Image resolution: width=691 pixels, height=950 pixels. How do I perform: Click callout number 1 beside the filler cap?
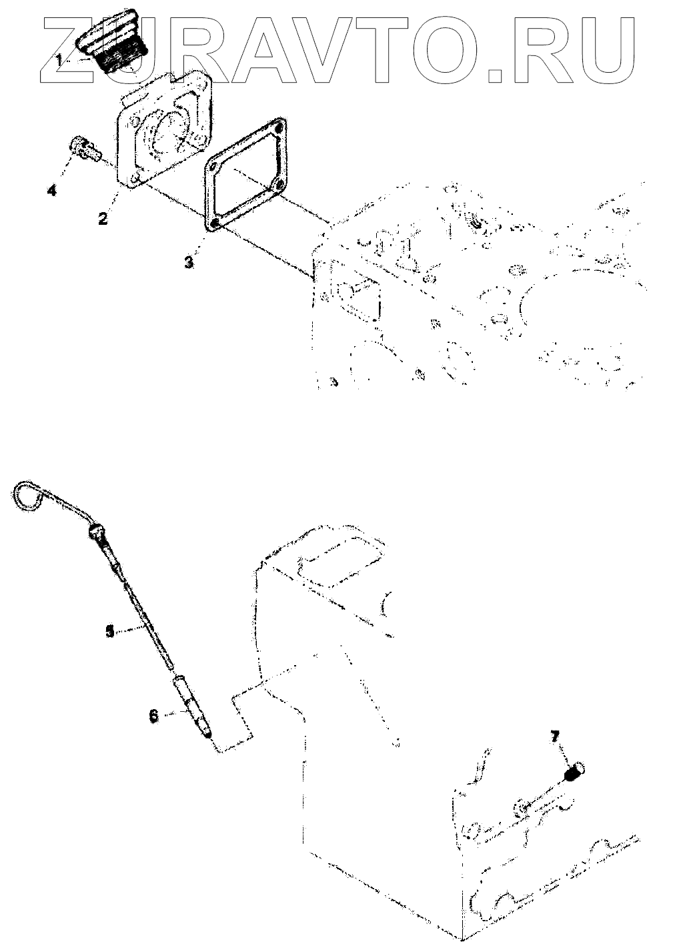click(60, 59)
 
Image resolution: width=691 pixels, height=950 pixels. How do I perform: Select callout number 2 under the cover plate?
click(103, 217)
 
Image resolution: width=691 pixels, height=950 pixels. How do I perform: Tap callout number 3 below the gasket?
click(189, 262)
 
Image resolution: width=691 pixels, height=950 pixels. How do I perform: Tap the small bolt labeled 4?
click(83, 147)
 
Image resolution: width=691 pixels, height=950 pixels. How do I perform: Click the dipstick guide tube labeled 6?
click(193, 707)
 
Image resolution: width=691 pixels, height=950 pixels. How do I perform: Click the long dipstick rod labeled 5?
click(143, 614)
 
